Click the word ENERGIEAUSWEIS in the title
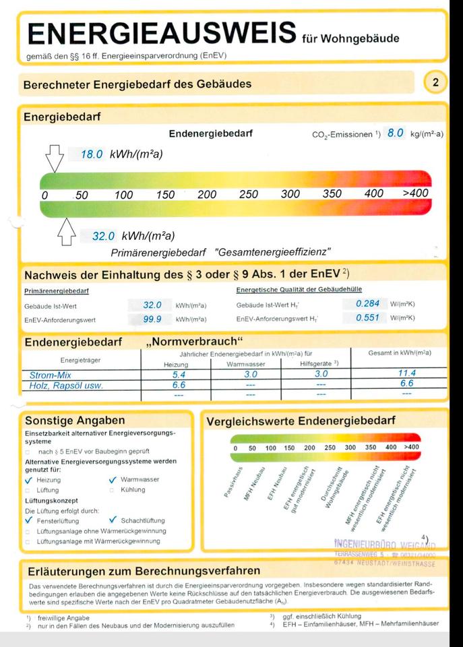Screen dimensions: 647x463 [162, 32]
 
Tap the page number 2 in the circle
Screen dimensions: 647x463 [435, 83]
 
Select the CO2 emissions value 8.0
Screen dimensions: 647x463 [395, 133]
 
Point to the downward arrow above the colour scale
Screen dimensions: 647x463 [54, 160]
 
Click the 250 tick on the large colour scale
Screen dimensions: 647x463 [249, 195]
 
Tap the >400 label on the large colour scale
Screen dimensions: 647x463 [416, 194]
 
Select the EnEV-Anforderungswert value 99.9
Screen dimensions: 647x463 [152, 319]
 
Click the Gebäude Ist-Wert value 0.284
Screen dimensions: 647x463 [367, 304]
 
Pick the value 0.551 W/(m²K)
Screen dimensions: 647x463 [367, 318]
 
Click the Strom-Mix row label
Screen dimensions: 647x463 [51, 374]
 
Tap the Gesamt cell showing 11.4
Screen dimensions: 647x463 [406, 373]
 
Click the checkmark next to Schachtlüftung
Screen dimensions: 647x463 [113, 520]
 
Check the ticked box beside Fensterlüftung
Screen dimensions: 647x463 [29, 520]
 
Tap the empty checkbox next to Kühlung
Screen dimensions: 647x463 [113, 490]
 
